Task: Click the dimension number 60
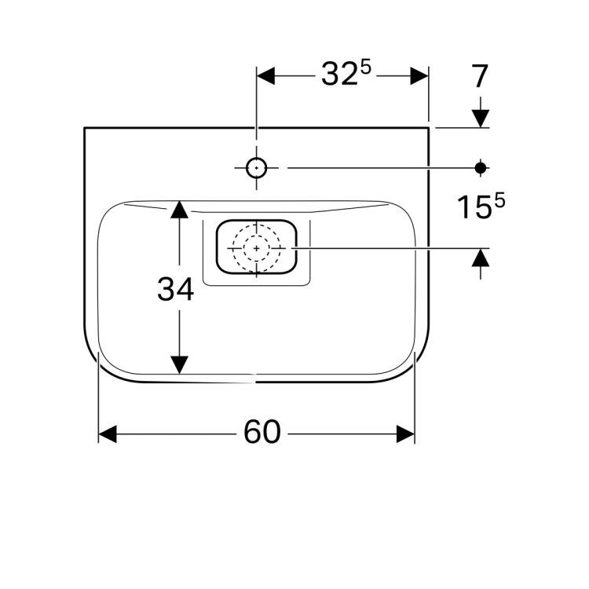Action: (x=262, y=432)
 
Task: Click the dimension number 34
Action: (x=175, y=289)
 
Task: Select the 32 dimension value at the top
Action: (x=339, y=74)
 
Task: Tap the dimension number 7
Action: (x=479, y=76)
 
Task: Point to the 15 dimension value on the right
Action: (x=474, y=207)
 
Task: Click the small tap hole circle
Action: (x=256, y=168)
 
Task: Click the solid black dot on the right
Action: (x=481, y=168)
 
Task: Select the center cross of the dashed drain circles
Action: (x=257, y=248)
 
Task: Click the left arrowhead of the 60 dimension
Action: (x=108, y=434)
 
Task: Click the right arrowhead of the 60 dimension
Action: (x=406, y=434)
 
